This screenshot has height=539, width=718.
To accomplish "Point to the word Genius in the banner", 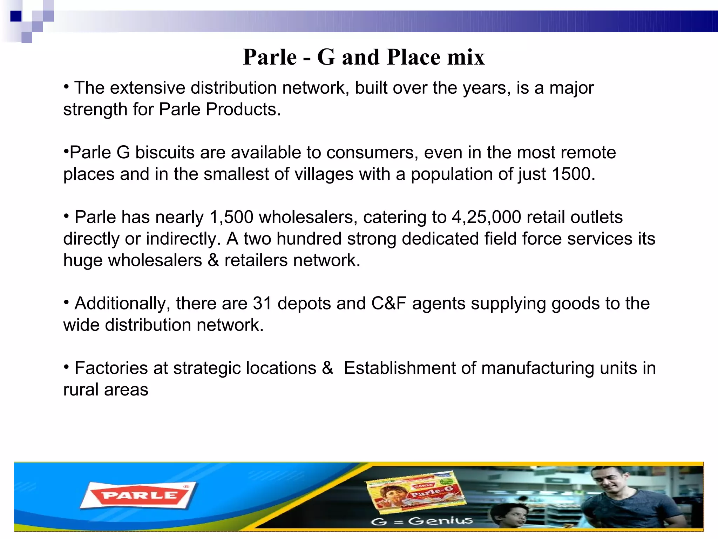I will tap(440, 521).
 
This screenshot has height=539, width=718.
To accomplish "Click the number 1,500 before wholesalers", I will tap(231, 217).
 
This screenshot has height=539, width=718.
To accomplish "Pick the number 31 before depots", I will tap(262, 304).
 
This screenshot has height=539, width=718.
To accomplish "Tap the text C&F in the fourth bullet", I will tap(389, 304).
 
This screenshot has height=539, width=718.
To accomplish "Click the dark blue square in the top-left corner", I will tap(16, 16).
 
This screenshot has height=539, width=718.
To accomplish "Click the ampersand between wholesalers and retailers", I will tap(213, 261).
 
